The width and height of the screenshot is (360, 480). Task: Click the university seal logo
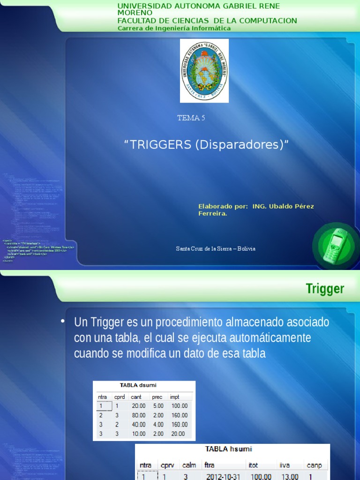point(204,70)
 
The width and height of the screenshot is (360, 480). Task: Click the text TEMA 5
point(191,118)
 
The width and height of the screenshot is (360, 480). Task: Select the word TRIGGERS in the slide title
point(160,145)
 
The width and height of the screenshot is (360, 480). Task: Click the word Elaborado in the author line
point(216,206)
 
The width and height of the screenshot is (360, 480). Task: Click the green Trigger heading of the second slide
point(325,289)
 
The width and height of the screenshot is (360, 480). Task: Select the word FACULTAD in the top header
point(138,21)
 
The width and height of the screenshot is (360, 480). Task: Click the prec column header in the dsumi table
point(157,397)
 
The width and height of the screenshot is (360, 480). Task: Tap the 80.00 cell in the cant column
point(138,415)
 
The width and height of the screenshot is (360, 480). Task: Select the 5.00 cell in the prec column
point(158,405)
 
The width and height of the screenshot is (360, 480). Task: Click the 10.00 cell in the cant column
point(138,434)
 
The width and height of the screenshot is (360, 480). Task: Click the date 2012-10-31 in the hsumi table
point(223,477)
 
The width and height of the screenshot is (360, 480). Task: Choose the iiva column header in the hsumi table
point(284,465)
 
